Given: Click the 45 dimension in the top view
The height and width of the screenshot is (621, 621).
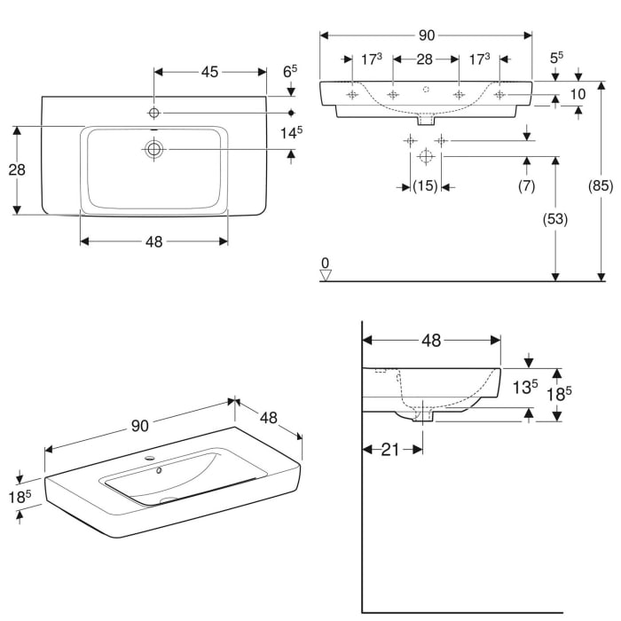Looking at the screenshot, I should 209,72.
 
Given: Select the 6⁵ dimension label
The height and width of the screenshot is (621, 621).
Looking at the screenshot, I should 289,71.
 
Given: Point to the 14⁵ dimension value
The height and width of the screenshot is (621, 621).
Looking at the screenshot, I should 292,132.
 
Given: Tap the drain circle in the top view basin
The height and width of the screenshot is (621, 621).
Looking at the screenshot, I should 154,150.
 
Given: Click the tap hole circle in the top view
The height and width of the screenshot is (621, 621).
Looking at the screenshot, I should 154,113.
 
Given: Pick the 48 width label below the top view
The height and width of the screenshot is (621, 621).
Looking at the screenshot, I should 153,241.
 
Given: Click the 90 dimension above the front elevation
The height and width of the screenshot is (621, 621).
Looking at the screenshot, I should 426,35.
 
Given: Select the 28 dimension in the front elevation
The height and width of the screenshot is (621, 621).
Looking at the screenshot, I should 424,59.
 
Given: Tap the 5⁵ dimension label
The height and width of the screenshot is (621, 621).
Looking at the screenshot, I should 556,59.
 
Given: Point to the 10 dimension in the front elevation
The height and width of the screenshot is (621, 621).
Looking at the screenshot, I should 578,94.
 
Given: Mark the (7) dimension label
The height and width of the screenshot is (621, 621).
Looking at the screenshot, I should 527,186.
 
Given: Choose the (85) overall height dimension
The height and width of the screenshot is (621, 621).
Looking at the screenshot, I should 601,186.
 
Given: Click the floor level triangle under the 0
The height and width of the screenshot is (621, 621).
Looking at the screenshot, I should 326,275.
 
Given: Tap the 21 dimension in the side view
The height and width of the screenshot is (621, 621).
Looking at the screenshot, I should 391,450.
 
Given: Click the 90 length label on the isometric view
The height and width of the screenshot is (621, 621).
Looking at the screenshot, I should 139,426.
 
